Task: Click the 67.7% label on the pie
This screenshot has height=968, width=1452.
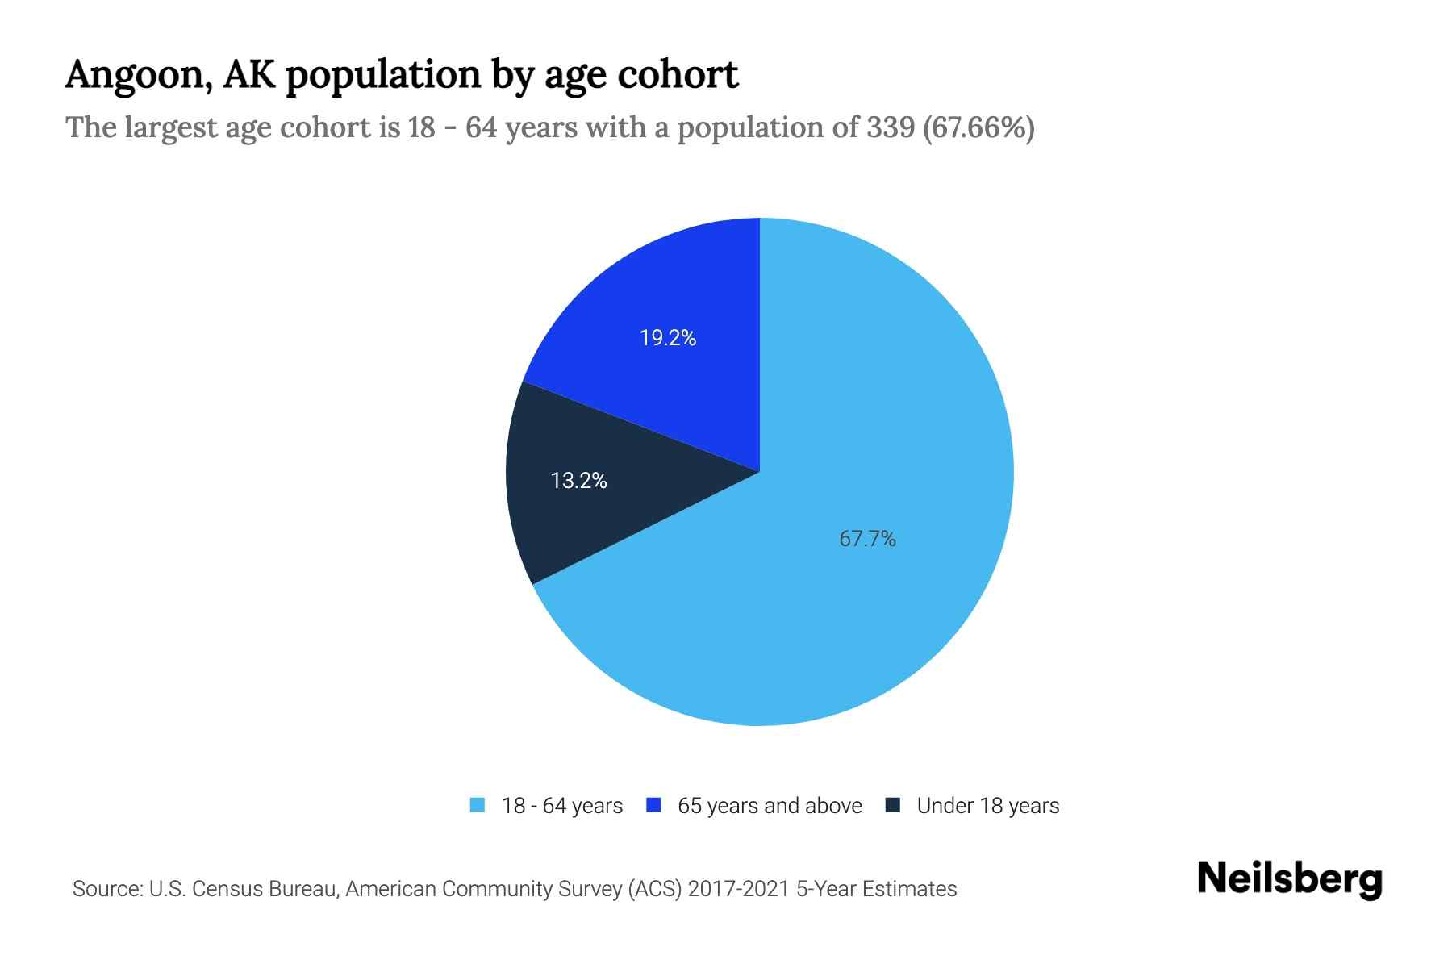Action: tap(867, 539)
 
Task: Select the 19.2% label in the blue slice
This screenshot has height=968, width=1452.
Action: tap(668, 338)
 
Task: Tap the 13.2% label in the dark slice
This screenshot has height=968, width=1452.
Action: tap(578, 481)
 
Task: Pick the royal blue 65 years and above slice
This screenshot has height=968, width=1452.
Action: tap(686, 290)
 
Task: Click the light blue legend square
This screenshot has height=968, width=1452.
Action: tap(478, 805)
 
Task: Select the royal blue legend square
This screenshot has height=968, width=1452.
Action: tap(654, 805)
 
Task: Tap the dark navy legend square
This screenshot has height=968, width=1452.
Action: tap(893, 805)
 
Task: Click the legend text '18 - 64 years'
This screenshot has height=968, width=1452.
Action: tap(562, 806)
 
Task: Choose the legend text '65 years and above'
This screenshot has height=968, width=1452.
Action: tap(770, 806)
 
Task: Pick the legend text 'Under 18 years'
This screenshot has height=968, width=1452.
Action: tap(988, 806)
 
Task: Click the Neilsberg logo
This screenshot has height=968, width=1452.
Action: tap(1289, 879)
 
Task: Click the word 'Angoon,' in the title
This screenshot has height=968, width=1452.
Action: tap(138, 75)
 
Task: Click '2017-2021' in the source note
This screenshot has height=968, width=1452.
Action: tap(738, 889)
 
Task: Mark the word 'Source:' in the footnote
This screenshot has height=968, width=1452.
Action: tap(107, 889)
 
